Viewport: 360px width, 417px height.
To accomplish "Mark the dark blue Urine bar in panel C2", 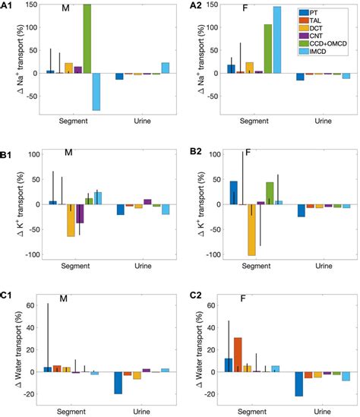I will click(298, 384).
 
